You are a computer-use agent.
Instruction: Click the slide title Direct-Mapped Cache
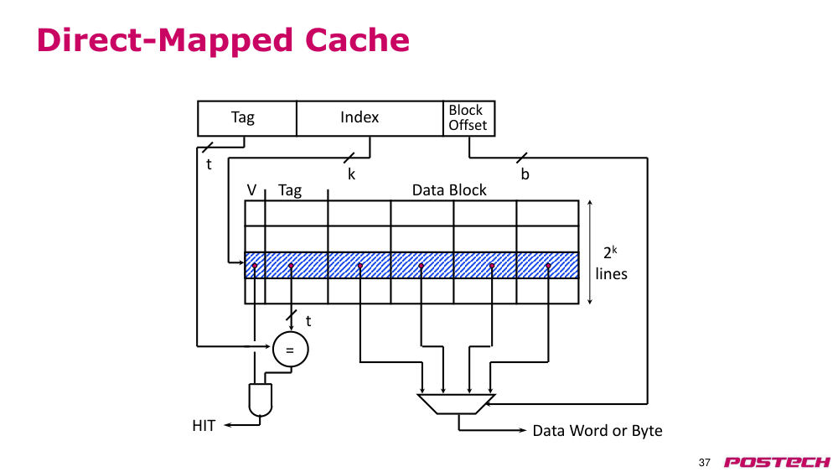[x=223, y=40]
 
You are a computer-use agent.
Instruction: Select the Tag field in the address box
[x=247, y=118]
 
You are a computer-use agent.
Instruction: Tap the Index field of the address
[x=370, y=118]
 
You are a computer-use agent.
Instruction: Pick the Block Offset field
[x=468, y=118]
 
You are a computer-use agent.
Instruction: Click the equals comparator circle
[x=290, y=350]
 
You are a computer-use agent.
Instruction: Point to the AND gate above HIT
[x=261, y=400]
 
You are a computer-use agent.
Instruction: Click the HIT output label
[x=204, y=426]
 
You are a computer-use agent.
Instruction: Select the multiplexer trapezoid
[x=456, y=404]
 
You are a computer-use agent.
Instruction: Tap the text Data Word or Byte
[x=597, y=431]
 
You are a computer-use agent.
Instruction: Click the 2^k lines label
[x=611, y=263]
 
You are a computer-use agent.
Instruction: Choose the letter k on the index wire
[x=351, y=174]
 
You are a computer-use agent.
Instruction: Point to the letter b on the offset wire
[x=525, y=174]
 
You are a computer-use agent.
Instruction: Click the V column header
[x=251, y=189]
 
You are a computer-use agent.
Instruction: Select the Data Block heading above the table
[x=449, y=190]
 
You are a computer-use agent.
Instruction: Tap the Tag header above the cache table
[x=290, y=191]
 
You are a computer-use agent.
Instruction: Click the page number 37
[x=705, y=463]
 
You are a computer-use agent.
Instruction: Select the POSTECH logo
[x=777, y=462]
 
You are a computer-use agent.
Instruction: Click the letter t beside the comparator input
[x=308, y=321]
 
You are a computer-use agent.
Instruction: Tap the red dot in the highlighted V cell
[x=255, y=266]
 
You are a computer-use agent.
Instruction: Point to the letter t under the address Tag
[x=209, y=164]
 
